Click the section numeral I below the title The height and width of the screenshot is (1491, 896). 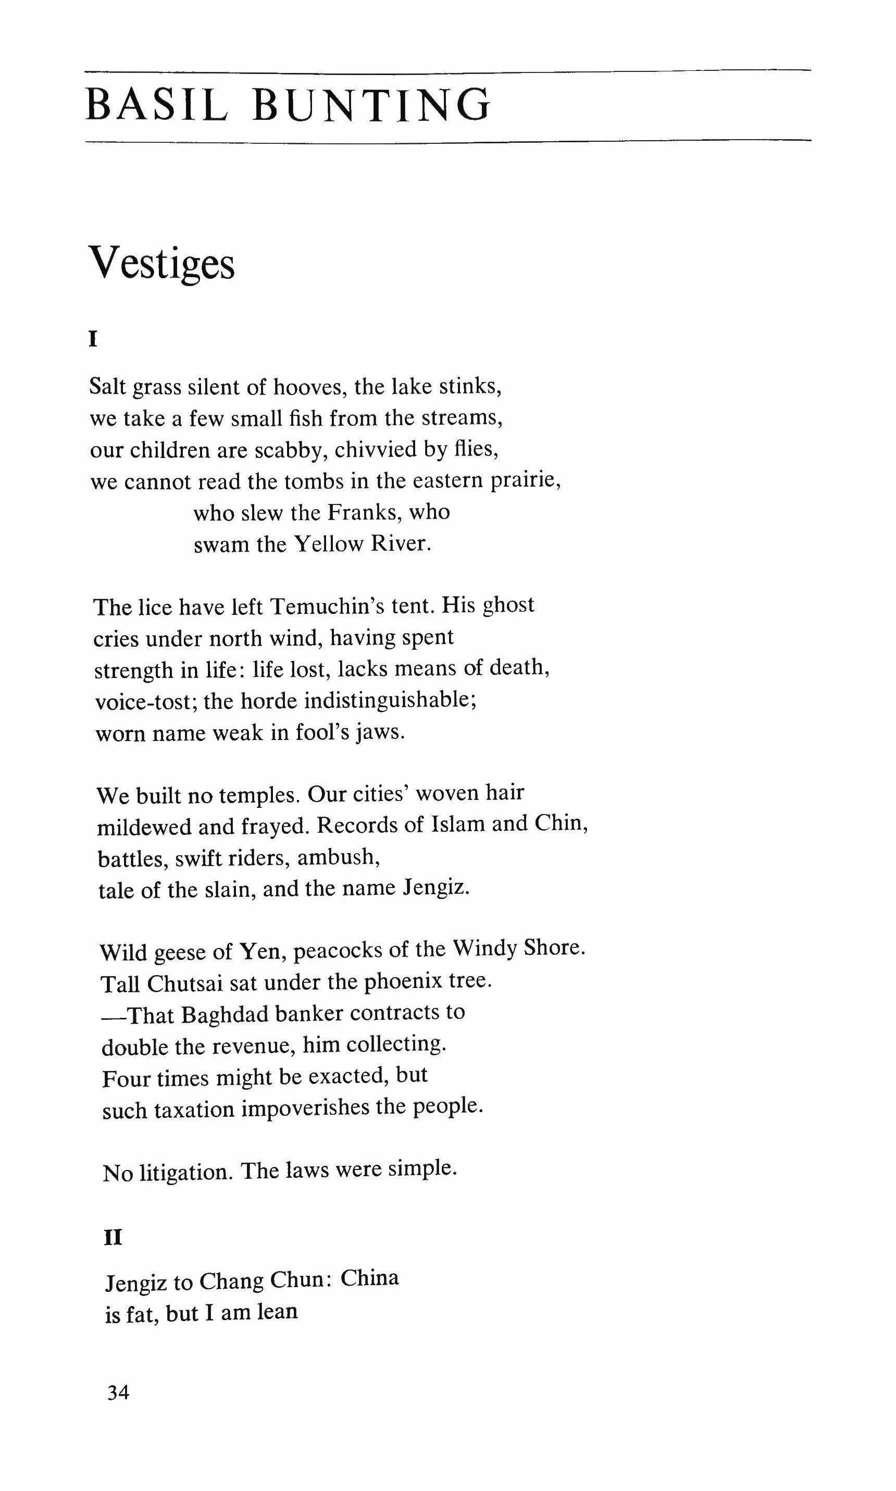93,340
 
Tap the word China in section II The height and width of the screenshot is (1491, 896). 369,1278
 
